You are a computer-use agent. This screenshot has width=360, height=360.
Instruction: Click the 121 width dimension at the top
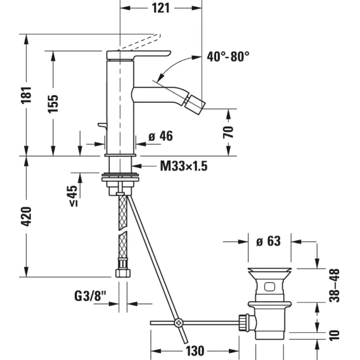pyautogui.click(x=161, y=8)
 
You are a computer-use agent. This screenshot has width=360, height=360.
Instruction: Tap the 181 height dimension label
pyautogui.click(x=26, y=95)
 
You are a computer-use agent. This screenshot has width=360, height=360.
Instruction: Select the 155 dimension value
pyautogui.click(x=53, y=103)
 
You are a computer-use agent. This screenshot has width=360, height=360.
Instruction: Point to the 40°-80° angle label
pyautogui.click(x=228, y=56)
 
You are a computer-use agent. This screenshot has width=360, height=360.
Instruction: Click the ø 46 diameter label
pyautogui.click(x=160, y=136)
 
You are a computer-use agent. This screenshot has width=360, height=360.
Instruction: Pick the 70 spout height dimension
pyautogui.click(x=228, y=132)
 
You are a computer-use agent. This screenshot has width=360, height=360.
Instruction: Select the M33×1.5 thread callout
pyautogui.click(x=184, y=166)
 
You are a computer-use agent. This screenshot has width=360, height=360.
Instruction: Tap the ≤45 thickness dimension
pyautogui.click(x=74, y=196)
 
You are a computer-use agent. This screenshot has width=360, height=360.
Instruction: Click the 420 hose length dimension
pyautogui.click(x=26, y=216)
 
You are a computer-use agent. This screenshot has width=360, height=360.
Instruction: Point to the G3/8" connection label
pyautogui.click(x=91, y=296)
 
